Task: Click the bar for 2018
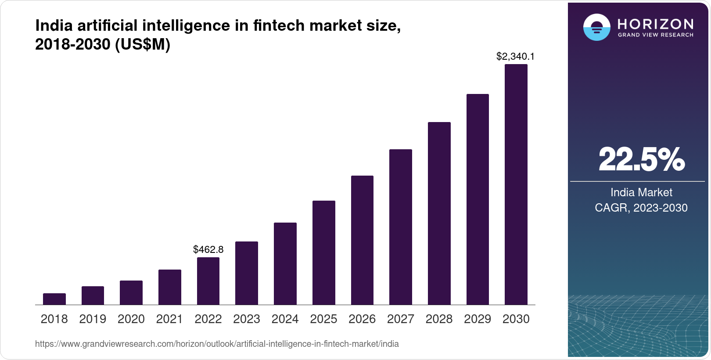(54, 299)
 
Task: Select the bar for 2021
(170, 287)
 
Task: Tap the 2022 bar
(208, 281)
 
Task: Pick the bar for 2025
(324, 252)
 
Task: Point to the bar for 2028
(439, 213)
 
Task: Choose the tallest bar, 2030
(516, 184)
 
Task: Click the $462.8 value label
(208, 250)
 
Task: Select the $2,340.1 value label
(515, 56)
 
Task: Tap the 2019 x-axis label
(93, 319)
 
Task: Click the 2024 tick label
(285, 319)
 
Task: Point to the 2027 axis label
(401, 319)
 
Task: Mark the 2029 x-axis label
(478, 319)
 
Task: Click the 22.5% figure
(641, 159)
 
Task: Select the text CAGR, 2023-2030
(641, 208)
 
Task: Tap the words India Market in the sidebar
(641, 192)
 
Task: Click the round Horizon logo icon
(596, 27)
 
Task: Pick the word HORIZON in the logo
(656, 24)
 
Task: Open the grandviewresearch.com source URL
(217, 344)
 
